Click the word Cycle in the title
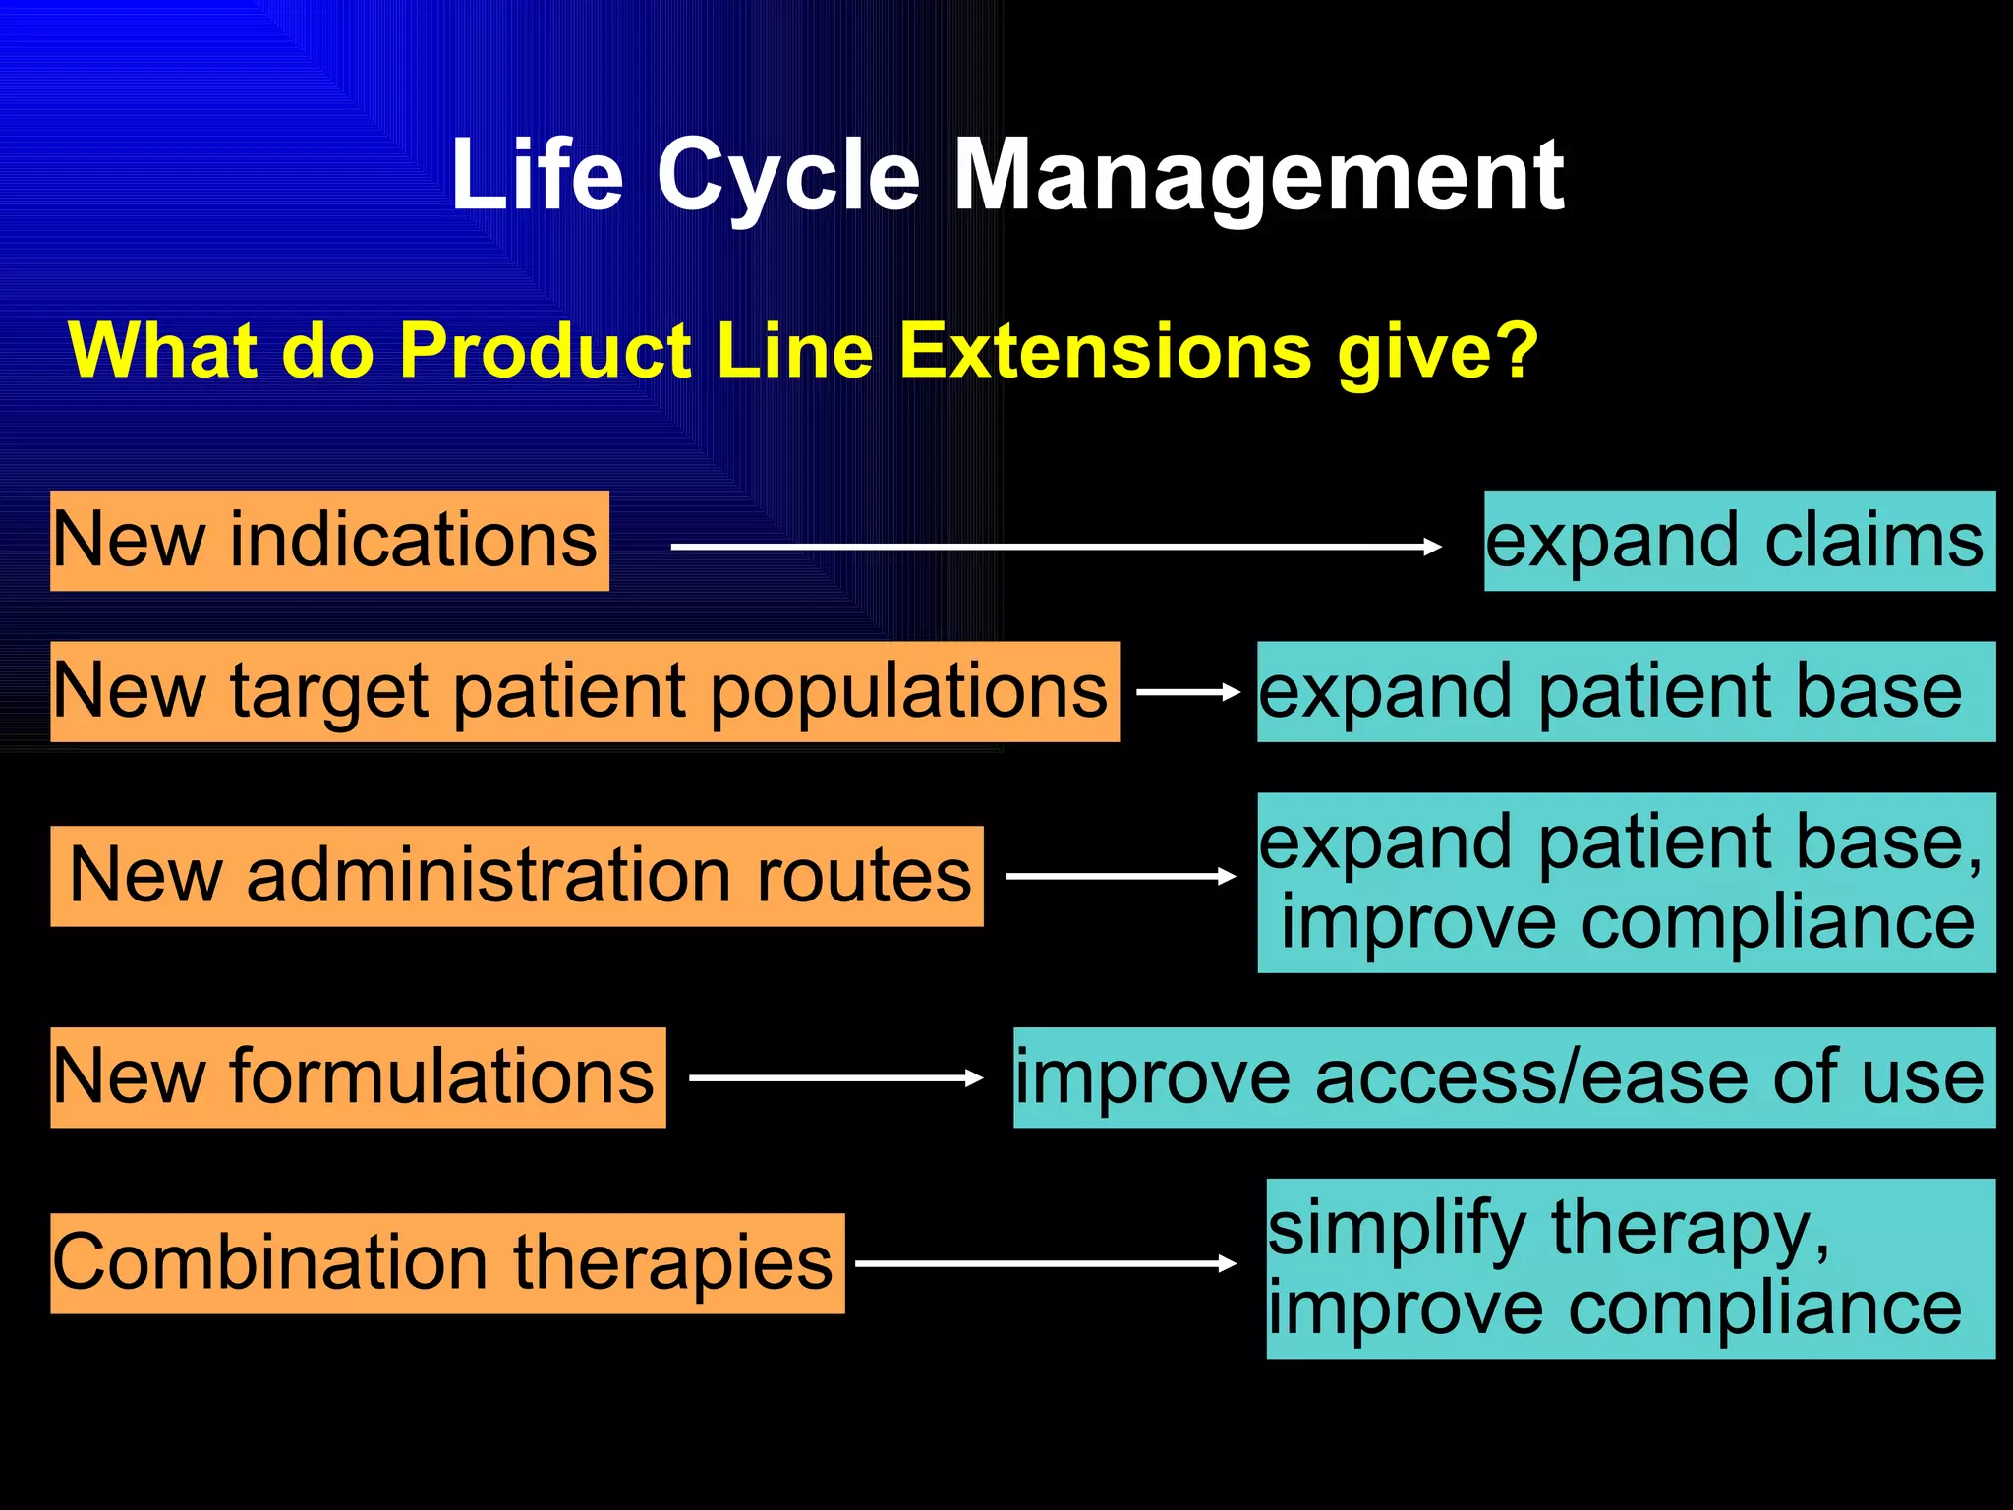[787, 177]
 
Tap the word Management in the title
[1258, 177]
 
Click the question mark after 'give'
[1516, 350]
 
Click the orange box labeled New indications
[329, 541]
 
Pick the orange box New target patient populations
[584, 691]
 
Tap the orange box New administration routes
[517, 876]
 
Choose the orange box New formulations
[358, 1077]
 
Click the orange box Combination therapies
[447, 1263]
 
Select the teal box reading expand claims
[1739, 541]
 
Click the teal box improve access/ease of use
[1503, 1077]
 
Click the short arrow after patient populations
[1187, 692]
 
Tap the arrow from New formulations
[835, 1078]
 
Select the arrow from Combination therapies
[1045, 1263]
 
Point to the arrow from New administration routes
[1121, 876]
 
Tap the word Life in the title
[537, 177]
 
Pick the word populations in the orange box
[908, 691]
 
